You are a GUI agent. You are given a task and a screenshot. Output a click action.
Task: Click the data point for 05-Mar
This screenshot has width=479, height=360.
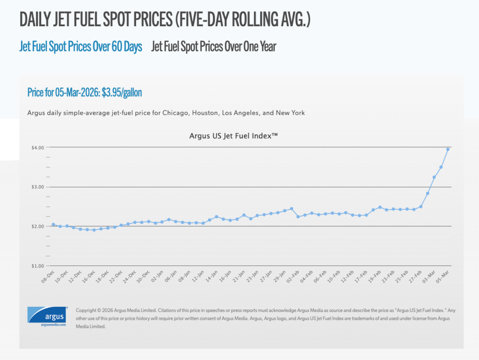click(448, 149)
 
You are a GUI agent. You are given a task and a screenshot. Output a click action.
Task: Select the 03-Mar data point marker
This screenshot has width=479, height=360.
click(434, 177)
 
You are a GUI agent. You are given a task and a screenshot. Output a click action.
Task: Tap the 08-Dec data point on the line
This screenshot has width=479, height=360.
click(53, 224)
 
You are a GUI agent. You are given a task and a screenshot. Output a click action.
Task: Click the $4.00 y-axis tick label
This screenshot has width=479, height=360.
click(38, 147)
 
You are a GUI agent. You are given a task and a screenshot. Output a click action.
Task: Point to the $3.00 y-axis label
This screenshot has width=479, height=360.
click(38, 187)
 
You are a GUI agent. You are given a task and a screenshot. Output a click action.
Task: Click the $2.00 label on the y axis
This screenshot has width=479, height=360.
click(38, 226)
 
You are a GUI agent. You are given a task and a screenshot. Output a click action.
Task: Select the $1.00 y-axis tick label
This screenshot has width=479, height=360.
click(38, 266)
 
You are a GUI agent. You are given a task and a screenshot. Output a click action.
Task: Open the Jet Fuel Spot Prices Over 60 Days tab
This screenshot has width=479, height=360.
click(81, 47)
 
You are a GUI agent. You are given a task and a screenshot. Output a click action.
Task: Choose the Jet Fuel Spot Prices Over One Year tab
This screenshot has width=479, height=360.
click(214, 47)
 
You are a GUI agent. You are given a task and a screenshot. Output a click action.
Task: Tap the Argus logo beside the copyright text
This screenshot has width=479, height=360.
click(47, 317)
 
